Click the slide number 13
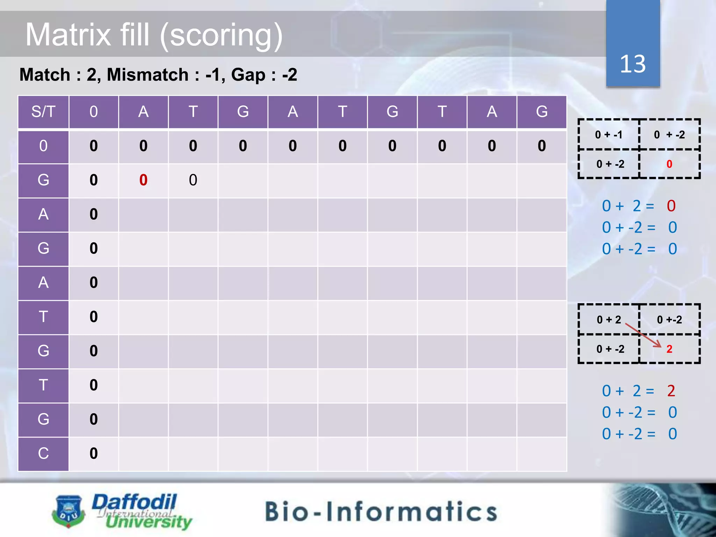point(632,64)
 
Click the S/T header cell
point(43,112)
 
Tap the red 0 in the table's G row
point(143,180)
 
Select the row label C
point(43,453)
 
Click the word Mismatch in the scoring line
point(148,75)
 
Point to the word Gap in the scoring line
point(248,75)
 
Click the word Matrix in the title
point(69,35)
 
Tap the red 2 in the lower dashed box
point(669,349)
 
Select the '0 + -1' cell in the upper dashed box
point(609,135)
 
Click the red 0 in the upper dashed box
point(669,164)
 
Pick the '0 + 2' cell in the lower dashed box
point(609,320)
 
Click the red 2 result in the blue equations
point(671,391)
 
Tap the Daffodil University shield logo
point(69,511)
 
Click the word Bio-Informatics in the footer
point(381,511)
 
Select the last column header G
point(542,112)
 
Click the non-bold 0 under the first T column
point(193,180)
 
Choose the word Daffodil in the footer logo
point(135,502)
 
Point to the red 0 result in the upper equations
point(671,206)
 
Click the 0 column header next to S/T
point(93,112)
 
